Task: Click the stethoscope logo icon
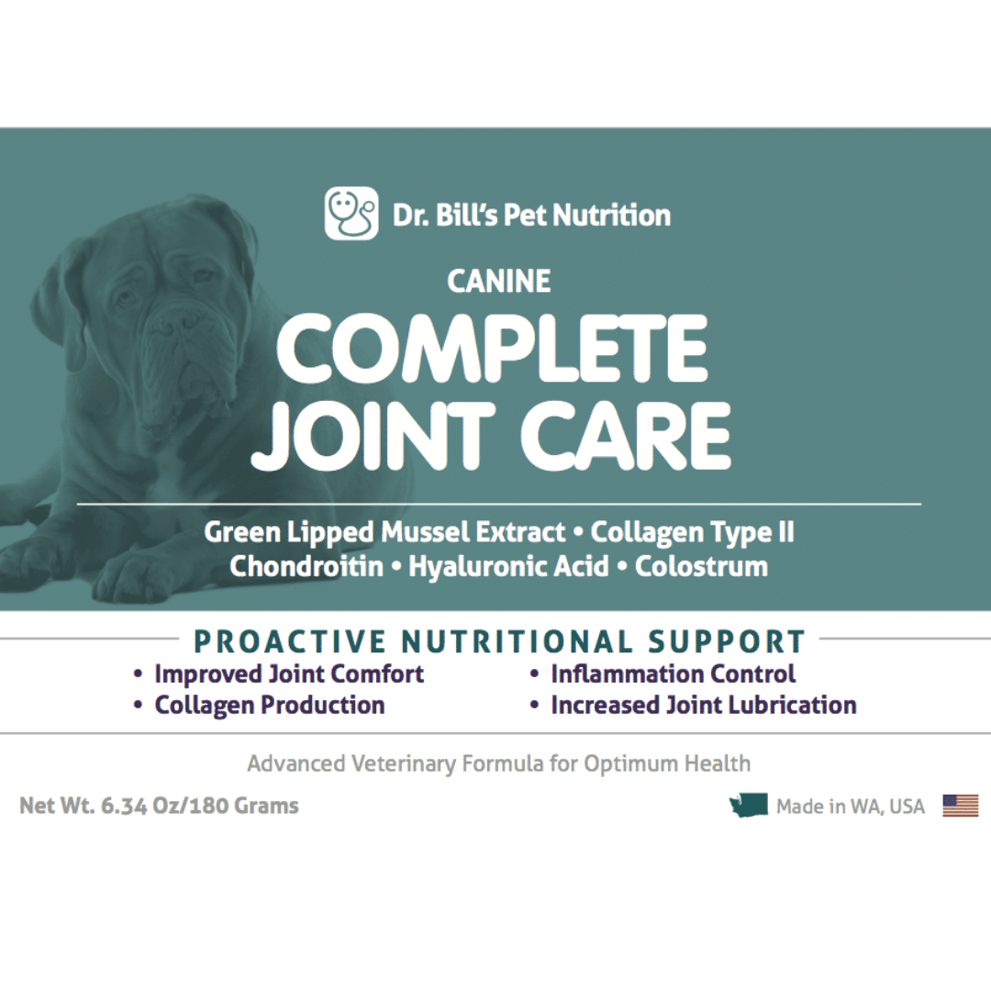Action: click(351, 214)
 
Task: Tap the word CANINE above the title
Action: click(498, 282)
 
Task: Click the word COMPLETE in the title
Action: click(492, 349)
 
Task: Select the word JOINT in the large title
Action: click(373, 435)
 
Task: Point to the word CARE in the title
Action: click(625, 435)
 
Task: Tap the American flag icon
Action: click(960, 806)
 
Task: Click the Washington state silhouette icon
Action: click(749, 806)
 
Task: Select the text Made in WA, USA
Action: click(850, 807)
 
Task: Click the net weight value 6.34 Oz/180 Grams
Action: click(200, 806)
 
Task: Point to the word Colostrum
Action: click(702, 566)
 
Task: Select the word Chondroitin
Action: click(306, 566)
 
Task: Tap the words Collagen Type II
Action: click(692, 533)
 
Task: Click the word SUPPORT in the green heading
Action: click(726, 641)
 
